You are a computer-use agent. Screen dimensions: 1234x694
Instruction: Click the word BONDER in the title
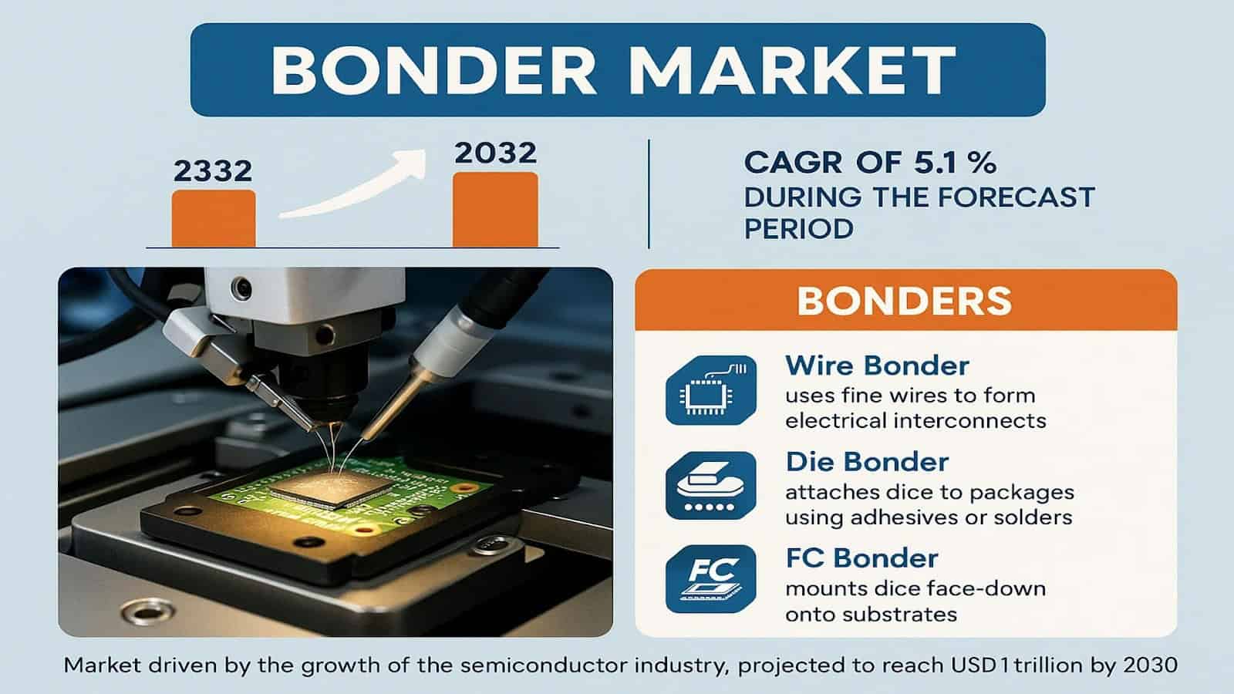point(433,70)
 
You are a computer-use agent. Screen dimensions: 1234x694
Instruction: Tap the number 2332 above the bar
point(213,170)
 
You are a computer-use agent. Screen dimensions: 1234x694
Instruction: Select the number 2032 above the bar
point(496,153)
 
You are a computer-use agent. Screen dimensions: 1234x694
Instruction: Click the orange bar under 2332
point(214,219)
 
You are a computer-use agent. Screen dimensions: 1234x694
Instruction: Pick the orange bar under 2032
point(495,210)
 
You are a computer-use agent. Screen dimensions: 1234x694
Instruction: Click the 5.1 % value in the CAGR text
point(955,163)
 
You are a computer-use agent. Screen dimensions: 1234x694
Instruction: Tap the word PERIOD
point(799,228)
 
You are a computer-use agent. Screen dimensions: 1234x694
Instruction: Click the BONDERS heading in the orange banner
point(905,302)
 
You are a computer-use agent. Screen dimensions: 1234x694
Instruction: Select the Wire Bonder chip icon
point(710,390)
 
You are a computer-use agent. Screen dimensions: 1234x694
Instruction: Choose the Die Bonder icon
point(710,486)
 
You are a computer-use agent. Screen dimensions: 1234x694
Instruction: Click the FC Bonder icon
point(710,579)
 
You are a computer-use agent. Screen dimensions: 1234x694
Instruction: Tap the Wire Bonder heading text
point(877,366)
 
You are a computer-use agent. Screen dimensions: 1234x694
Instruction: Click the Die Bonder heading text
point(867,462)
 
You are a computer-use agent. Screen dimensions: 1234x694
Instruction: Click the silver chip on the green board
point(332,488)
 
